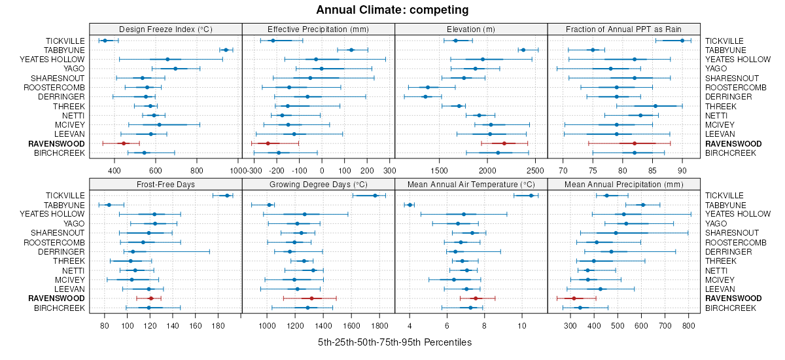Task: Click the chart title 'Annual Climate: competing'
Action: tap(392, 10)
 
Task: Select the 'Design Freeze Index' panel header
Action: tap(166, 29)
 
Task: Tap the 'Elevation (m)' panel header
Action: tap(471, 29)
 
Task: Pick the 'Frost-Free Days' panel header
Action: tap(166, 184)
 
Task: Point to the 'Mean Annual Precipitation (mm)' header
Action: tap(624, 184)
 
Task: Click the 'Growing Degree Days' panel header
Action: tap(318, 184)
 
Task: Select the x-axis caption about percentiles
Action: tap(394, 342)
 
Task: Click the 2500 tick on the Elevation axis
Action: tap(535, 171)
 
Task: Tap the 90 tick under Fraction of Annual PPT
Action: tap(682, 171)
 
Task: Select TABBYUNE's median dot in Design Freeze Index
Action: tap(226, 50)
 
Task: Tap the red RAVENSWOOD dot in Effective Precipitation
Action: tap(268, 143)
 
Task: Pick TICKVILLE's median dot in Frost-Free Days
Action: tap(227, 195)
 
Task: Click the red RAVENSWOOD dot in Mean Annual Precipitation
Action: tap(574, 298)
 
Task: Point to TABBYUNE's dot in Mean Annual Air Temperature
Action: tap(410, 205)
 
